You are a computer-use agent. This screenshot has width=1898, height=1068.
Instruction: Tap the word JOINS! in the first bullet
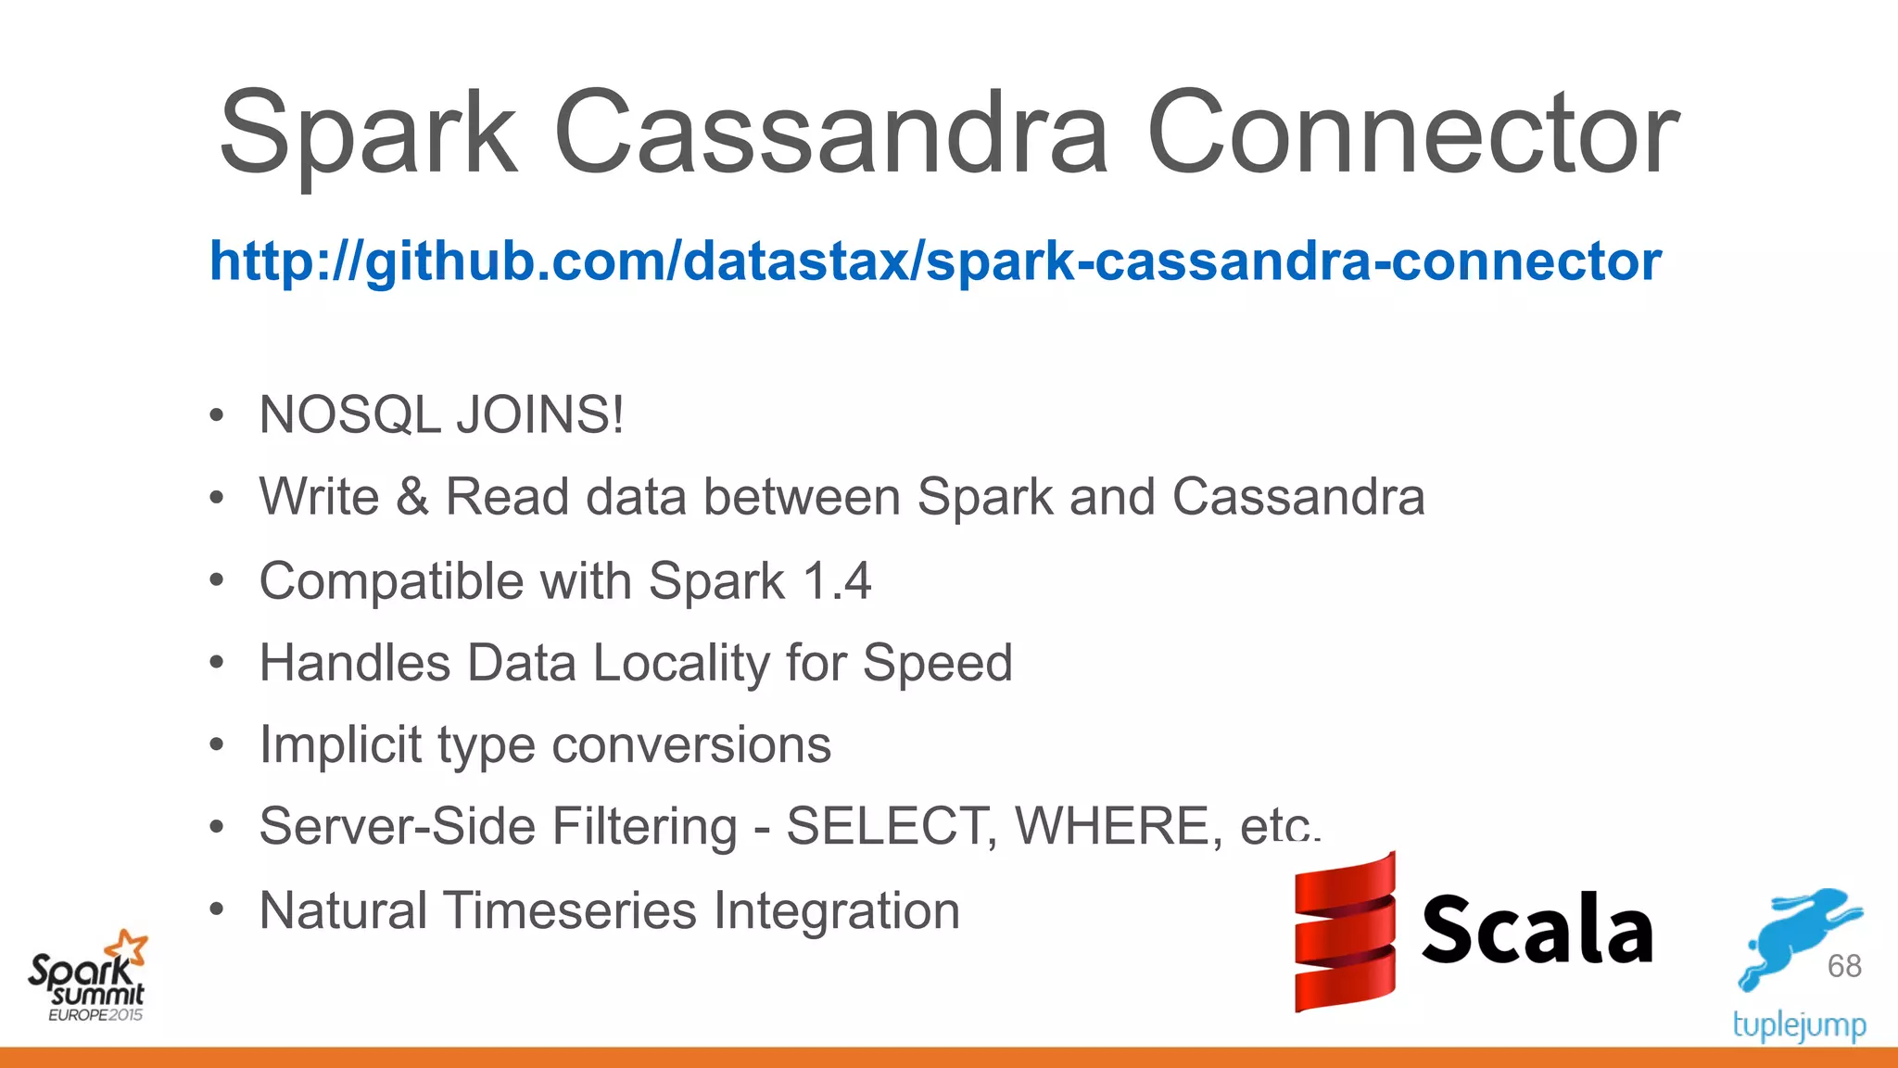540,414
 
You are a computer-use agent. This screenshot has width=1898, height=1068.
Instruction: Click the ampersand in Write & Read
411,497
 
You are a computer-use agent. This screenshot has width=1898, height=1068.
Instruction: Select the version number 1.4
836,581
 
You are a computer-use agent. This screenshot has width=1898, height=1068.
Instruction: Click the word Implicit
340,744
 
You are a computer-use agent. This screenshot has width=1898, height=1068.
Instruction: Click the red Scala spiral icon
1344,932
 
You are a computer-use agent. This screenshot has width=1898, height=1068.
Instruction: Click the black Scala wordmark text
1537,930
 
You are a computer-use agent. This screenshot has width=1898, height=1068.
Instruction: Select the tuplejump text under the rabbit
1799,1025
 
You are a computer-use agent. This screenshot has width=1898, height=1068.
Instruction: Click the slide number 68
1844,966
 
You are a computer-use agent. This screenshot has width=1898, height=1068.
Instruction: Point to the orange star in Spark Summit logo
127,947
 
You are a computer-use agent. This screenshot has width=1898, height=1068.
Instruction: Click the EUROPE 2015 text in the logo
95,1015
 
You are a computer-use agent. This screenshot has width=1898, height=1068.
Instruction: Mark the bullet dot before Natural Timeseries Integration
216,910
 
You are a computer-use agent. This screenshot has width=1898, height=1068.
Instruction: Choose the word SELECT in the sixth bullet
886,826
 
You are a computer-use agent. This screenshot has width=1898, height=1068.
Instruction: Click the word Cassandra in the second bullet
1297,497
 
